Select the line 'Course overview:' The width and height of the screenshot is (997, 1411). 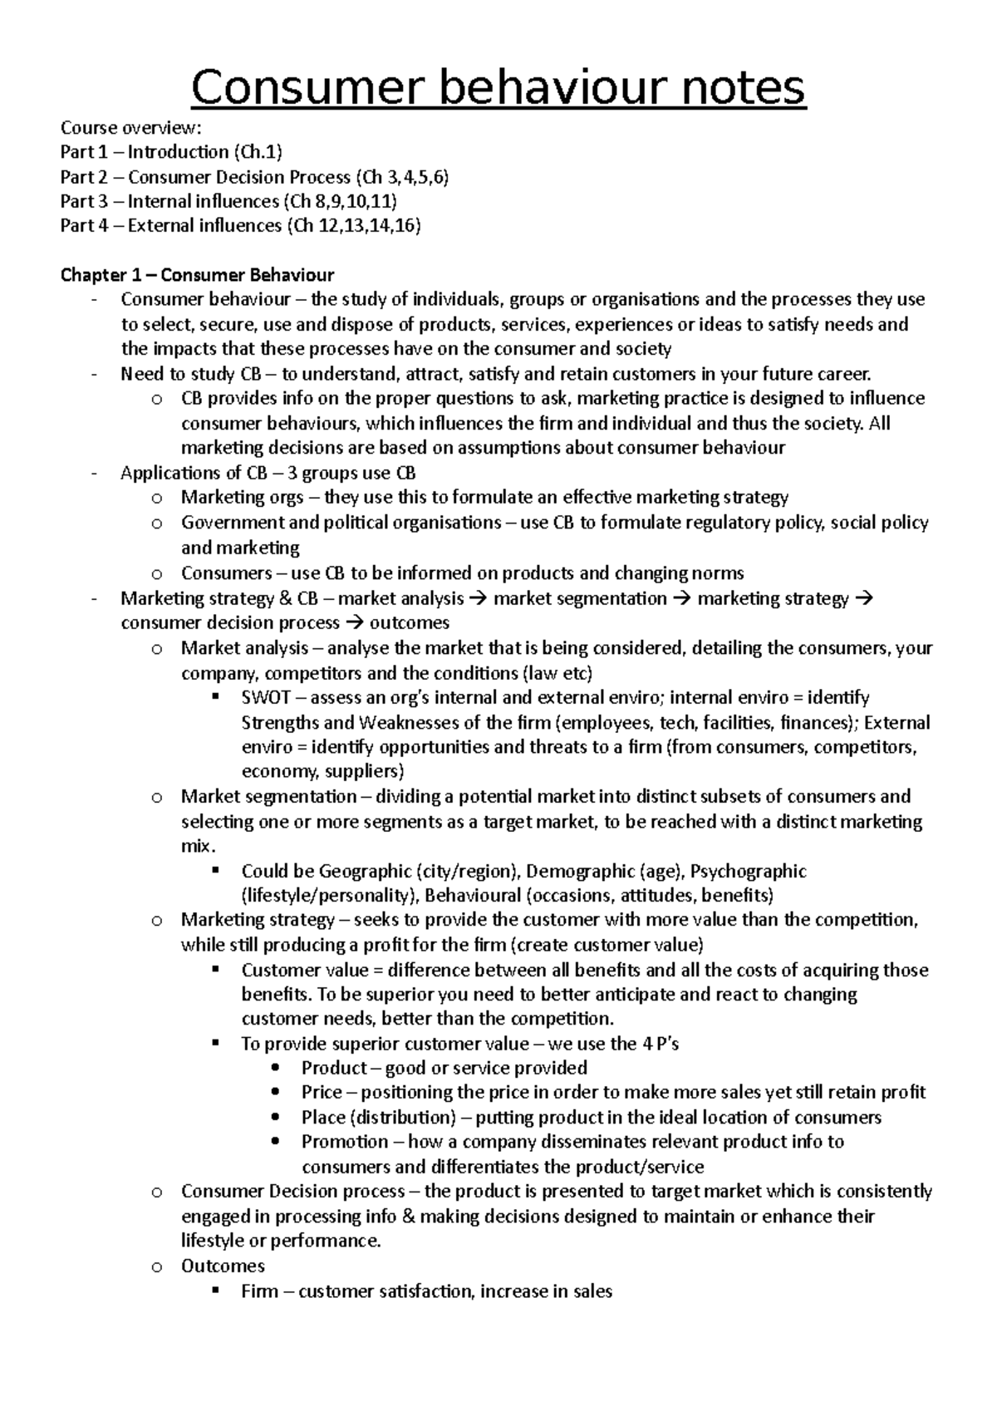[x=130, y=127]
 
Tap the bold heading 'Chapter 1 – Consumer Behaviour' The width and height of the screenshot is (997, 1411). [x=197, y=275]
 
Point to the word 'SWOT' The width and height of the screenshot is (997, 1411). [x=266, y=697]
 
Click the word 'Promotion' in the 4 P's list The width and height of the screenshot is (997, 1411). [x=345, y=1142]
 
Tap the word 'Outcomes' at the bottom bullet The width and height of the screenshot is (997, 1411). [x=223, y=1266]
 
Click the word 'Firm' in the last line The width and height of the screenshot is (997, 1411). [x=259, y=1291]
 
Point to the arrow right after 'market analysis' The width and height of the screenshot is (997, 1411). [x=479, y=598]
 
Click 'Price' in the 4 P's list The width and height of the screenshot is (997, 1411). [x=322, y=1093]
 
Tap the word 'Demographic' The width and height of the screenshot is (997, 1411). [x=581, y=871]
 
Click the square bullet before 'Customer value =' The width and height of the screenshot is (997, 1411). [x=216, y=969]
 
